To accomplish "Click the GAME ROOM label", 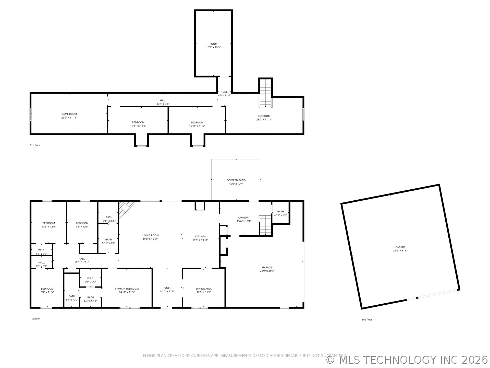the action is [x=69, y=116].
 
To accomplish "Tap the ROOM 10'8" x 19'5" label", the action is [x=213, y=45].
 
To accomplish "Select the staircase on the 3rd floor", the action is [x=266, y=93].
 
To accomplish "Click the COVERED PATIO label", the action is [x=236, y=182].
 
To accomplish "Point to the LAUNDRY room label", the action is [x=244, y=219].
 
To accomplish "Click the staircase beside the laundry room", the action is [x=265, y=225].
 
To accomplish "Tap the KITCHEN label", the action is [x=200, y=238].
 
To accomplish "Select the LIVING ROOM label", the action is [x=151, y=237].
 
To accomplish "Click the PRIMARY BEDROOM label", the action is [x=127, y=290].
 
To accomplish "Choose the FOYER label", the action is [x=167, y=290].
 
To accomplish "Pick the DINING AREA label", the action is [x=204, y=290].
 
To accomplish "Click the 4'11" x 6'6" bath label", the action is [x=280, y=213].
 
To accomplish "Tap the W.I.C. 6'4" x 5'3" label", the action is [x=90, y=280].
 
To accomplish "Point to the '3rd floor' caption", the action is [x=35, y=145].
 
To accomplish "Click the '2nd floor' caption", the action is [x=367, y=320].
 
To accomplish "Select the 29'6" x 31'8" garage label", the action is [x=400, y=249].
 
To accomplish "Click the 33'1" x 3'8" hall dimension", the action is [x=163, y=104].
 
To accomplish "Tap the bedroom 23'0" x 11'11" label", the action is [x=264, y=118].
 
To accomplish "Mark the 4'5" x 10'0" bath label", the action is [x=72, y=298].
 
